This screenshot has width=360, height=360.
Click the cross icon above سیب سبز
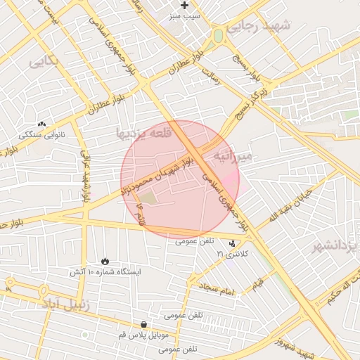(185, 5)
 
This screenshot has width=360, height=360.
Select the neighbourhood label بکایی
(44, 62)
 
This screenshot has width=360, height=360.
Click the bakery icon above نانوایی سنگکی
(41, 124)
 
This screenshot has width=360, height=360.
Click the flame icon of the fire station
(105, 261)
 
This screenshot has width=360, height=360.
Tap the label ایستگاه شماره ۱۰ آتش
(105, 271)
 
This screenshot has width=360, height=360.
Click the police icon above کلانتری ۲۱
(233, 243)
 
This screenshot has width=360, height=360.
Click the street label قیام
(258, 284)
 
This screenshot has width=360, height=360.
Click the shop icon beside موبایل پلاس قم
(144, 325)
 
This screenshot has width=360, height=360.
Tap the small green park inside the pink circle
(152, 199)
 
